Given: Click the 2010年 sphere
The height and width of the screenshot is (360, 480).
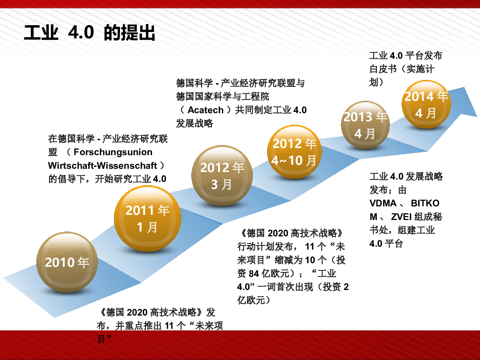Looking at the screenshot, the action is point(67,262).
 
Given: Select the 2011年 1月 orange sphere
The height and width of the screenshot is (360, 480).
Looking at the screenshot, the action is point(148,218).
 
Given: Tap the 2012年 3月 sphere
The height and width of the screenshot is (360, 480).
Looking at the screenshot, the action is point(222,176).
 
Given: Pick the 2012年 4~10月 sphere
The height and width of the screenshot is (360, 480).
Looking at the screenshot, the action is point(294,152).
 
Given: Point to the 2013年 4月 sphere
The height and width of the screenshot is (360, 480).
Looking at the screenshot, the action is point(365,125).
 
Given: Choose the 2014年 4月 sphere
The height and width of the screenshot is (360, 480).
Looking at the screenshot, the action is point(426,104).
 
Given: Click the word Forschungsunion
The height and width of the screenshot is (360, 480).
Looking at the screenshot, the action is point(113,152).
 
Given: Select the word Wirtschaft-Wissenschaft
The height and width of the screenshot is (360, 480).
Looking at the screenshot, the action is point(102,166).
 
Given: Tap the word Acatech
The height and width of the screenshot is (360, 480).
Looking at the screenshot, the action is point(206,110).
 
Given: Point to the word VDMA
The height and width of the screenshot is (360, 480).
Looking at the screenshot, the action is point(383,203).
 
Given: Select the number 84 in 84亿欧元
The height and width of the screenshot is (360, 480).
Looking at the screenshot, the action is point(254,274).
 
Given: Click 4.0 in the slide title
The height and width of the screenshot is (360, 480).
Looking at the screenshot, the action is point(81,32).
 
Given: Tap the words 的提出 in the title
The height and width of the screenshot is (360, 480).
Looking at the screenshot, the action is point(130,32).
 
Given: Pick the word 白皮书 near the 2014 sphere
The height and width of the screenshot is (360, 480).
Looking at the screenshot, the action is point(383,69).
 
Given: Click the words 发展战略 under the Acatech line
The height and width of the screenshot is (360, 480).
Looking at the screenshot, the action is point(194,124).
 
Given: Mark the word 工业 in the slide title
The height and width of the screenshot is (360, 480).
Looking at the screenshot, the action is point(41,32).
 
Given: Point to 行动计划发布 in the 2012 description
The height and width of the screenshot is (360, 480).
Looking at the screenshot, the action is point(265,247).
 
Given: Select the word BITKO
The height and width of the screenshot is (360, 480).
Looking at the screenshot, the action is point(425,203).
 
